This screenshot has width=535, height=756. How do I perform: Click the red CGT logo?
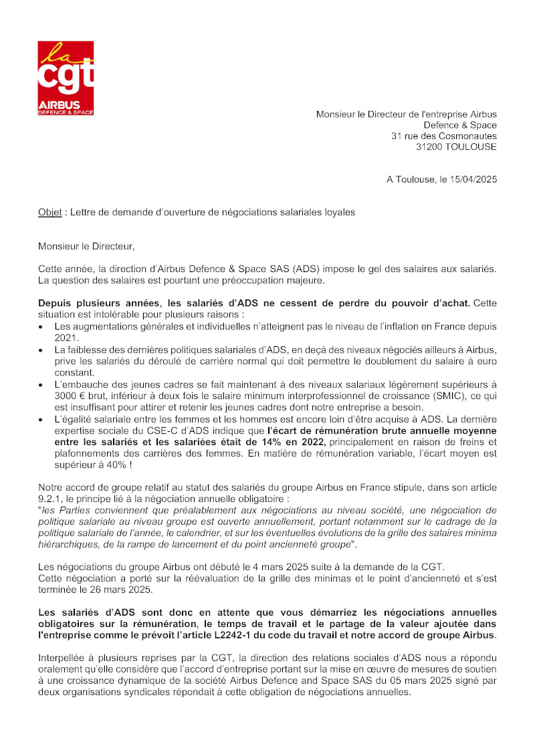[66, 78]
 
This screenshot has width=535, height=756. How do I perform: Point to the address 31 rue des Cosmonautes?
[444, 136]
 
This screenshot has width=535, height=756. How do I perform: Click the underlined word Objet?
[50, 213]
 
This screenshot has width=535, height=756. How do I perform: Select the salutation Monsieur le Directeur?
[86, 247]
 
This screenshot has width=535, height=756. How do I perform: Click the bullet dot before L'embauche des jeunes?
[42, 384]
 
